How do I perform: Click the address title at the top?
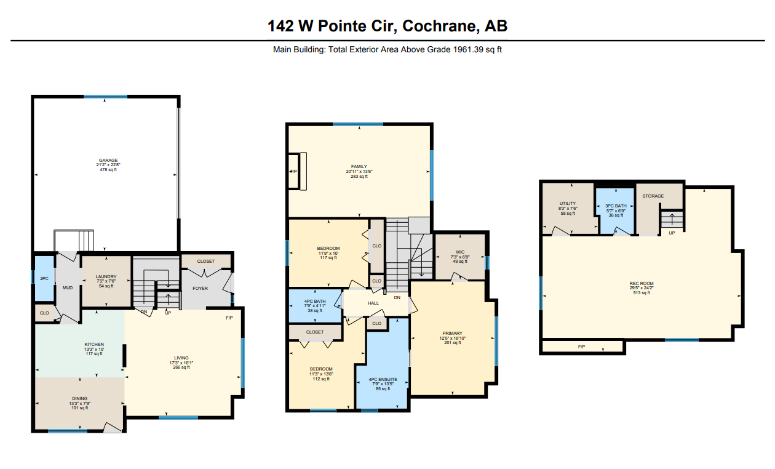click(387, 26)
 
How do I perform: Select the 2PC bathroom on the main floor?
click(44, 279)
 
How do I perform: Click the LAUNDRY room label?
click(106, 277)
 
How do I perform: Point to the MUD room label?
click(68, 287)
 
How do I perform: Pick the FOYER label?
click(201, 288)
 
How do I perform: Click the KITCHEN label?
click(94, 344)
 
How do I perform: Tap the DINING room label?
click(79, 398)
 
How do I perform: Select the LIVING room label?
click(181, 358)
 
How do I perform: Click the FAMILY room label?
click(359, 166)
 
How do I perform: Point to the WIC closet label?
click(460, 251)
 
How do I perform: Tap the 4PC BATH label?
click(315, 300)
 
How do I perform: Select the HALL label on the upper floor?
click(373, 303)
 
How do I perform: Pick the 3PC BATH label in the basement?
click(616, 206)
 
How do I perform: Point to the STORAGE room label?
click(653, 196)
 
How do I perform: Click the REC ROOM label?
click(642, 283)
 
